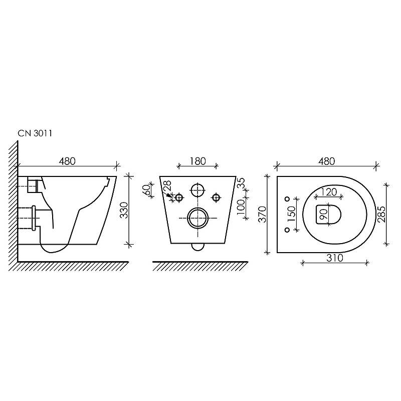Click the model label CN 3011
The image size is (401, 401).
[35, 133]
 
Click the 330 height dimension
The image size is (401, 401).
[124, 210]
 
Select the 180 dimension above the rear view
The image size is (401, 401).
[197, 161]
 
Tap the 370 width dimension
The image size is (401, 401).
[263, 215]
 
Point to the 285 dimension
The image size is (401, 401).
[381, 215]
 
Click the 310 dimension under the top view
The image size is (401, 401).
[335, 258]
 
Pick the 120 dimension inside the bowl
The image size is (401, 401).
[329, 192]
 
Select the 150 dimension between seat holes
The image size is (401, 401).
[292, 215]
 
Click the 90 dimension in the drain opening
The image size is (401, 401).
[324, 215]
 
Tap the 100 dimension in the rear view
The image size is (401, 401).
[241, 207]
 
